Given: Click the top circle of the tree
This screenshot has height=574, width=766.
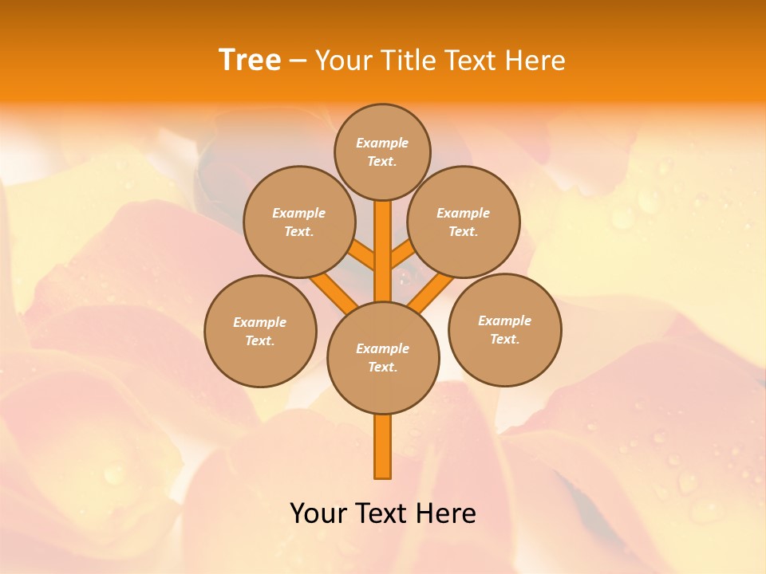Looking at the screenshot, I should pyautogui.click(x=382, y=151).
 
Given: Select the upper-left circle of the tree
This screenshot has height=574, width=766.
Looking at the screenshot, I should pyautogui.click(x=299, y=222).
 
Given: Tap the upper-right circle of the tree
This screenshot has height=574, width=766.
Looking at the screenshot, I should pyautogui.click(x=464, y=222).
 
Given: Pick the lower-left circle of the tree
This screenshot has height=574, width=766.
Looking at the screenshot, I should pyautogui.click(x=260, y=331).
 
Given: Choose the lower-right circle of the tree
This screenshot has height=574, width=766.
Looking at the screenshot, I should pyautogui.click(x=505, y=329).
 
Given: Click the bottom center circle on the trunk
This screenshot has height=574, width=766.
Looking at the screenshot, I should pyautogui.click(x=383, y=358).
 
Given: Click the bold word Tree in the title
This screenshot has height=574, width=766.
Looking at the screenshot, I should pyautogui.click(x=250, y=60).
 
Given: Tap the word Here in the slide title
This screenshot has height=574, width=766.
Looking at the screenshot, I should pyautogui.click(x=536, y=61).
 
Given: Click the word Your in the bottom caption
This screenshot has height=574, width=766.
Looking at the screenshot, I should pyautogui.click(x=319, y=513).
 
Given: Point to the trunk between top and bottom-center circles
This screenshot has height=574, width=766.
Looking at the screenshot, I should pyautogui.click(x=383, y=251).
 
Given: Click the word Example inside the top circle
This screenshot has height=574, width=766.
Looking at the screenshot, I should pyautogui.click(x=382, y=143).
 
